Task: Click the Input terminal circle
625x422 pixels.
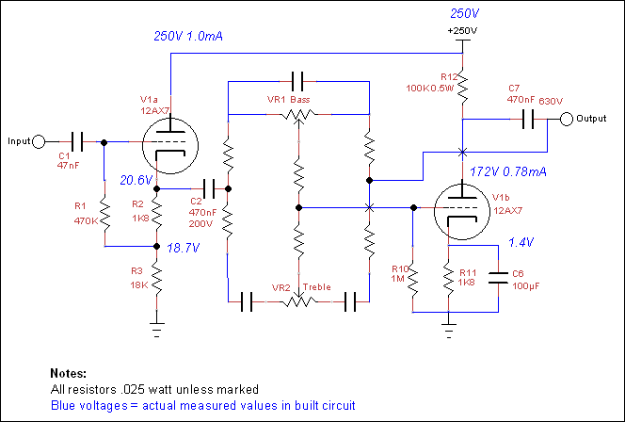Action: (39, 141)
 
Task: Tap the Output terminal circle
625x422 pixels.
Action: (567, 119)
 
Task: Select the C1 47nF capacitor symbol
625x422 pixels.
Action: (77, 141)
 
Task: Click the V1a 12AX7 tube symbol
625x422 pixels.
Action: (170, 146)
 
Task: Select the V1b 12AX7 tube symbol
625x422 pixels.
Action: (462, 211)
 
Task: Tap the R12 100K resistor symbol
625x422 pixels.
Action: (462, 88)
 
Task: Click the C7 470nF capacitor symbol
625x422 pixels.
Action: (528, 119)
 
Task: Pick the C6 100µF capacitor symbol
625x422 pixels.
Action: (498, 278)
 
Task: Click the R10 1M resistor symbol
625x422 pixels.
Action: (413, 279)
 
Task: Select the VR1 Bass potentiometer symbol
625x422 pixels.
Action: (298, 116)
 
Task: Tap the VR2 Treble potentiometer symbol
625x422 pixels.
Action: (298, 300)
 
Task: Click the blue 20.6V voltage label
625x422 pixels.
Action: (136, 180)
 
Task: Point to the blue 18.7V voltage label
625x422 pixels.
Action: (183, 248)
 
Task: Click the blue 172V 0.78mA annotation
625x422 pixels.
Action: (508, 172)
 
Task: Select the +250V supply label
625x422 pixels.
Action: (462, 31)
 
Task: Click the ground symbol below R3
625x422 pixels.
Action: (156, 330)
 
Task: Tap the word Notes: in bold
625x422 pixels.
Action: (68, 373)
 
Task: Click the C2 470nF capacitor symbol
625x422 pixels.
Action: (209, 188)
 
